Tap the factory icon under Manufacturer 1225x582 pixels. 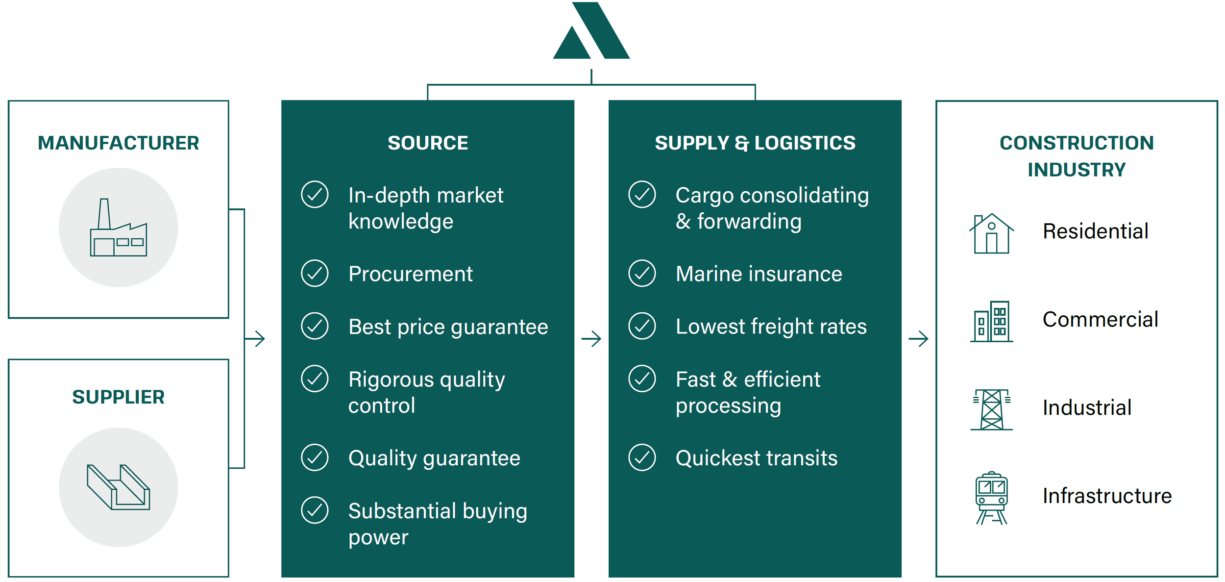pyautogui.click(x=118, y=228)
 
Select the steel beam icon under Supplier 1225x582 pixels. pyautogui.click(x=118, y=487)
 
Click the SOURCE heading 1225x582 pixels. pyautogui.click(x=428, y=143)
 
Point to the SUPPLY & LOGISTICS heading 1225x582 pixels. pyautogui.click(x=755, y=143)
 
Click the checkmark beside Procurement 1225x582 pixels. pyautogui.click(x=315, y=274)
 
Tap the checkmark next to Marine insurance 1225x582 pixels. pyautogui.click(x=642, y=274)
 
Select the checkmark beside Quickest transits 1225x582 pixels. pyautogui.click(x=642, y=457)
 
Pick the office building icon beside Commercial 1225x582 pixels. pyautogui.click(x=991, y=321)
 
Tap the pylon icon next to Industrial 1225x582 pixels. pyautogui.click(x=991, y=409)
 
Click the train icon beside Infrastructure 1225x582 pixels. pyautogui.click(x=991, y=498)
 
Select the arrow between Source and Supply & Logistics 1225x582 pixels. pyautogui.click(x=591, y=338)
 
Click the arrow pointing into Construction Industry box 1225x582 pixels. pyautogui.click(x=918, y=338)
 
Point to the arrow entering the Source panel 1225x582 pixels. pyautogui.click(x=256, y=338)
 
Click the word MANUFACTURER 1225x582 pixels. pyautogui.click(x=118, y=143)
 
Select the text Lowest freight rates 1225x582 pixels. pyautogui.click(x=771, y=327)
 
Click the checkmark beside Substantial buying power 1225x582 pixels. pyautogui.click(x=315, y=510)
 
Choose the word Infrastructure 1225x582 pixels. pyautogui.click(x=1107, y=496)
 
